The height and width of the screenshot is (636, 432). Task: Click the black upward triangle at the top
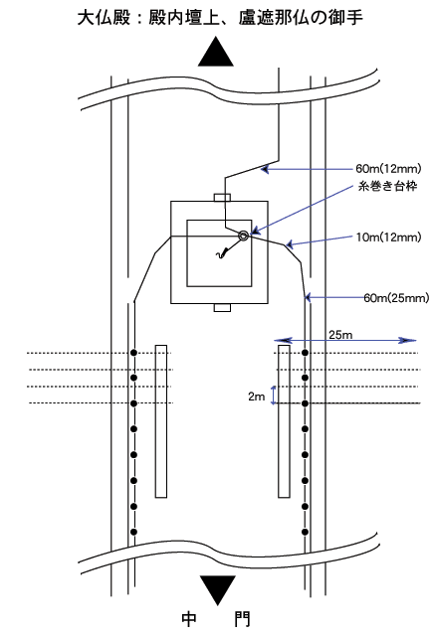216,52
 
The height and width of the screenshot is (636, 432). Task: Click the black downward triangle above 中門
217,589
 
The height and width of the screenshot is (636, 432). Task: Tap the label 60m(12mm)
388,168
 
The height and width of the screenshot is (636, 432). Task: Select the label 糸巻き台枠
387,186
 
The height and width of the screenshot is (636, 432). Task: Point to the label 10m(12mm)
388,238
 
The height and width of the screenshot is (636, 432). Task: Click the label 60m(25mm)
396,298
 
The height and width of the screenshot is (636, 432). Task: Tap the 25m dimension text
340,335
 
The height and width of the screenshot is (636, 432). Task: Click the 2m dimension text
257,397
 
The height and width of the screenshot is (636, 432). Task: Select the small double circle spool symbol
244,236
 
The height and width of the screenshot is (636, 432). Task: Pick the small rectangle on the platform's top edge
222,198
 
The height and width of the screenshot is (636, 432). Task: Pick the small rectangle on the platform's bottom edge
222,308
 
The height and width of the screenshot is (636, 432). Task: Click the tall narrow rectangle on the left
161,421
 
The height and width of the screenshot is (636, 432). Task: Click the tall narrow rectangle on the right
284,421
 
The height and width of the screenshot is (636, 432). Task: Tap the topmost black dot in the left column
133,353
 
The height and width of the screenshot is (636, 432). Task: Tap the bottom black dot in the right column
306,532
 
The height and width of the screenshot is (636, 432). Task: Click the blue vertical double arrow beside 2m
274,396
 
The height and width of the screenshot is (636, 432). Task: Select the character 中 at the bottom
189,619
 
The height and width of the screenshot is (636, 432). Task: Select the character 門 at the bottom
243,619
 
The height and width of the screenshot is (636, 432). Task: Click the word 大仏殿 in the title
105,18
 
